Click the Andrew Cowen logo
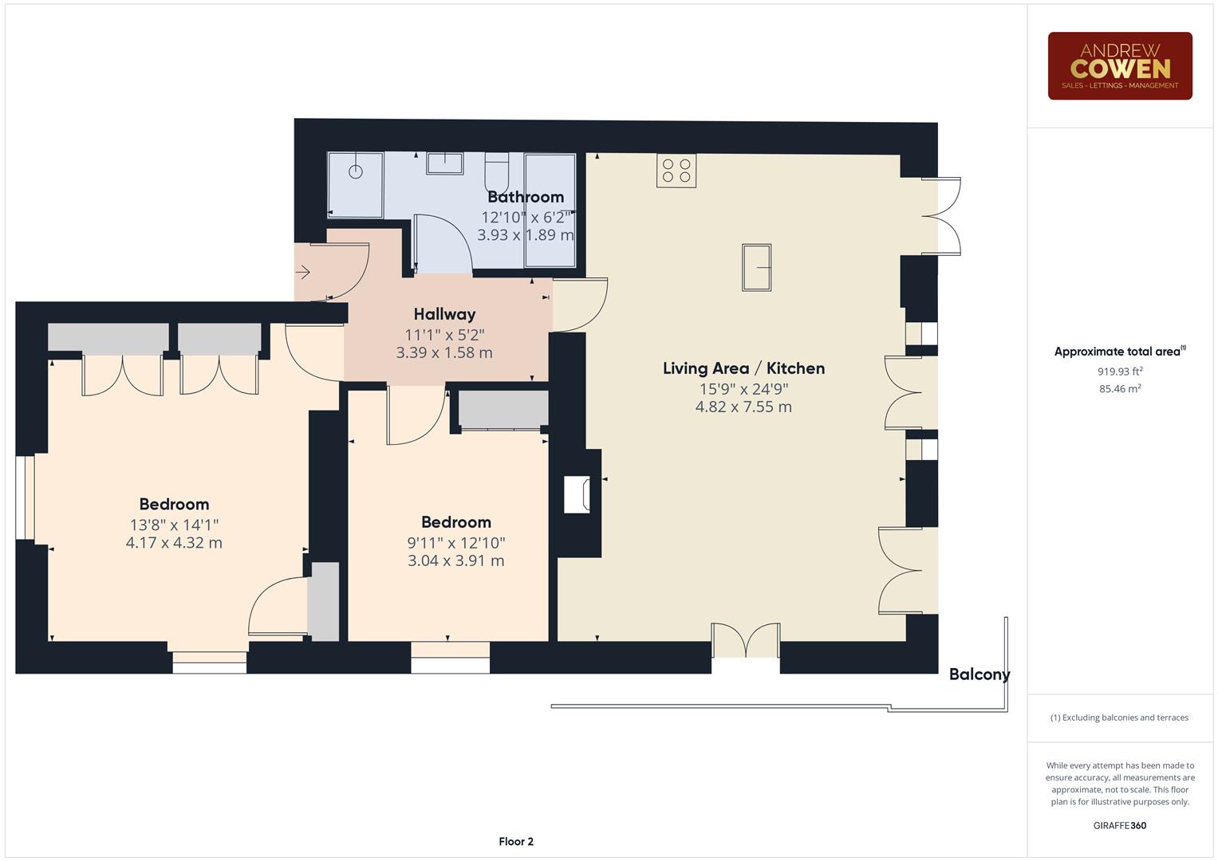[x=1119, y=66]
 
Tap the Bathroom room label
[x=526, y=197]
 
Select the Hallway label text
[x=444, y=314]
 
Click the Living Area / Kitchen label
[x=743, y=368]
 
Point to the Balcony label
[x=979, y=674]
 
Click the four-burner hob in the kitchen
[x=676, y=171]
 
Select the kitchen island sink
[x=756, y=268]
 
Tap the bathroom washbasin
[x=444, y=163]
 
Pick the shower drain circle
[x=356, y=171]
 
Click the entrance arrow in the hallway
[x=303, y=273]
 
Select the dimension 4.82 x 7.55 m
[x=743, y=407]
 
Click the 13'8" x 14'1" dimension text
[x=174, y=525]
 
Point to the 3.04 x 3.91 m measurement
[x=455, y=561]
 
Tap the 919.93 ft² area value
[x=1119, y=372]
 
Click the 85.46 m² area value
[x=1119, y=389]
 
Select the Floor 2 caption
[x=515, y=842]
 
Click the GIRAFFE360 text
[x=1119, y=826]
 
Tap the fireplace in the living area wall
[x=577, y=494]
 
